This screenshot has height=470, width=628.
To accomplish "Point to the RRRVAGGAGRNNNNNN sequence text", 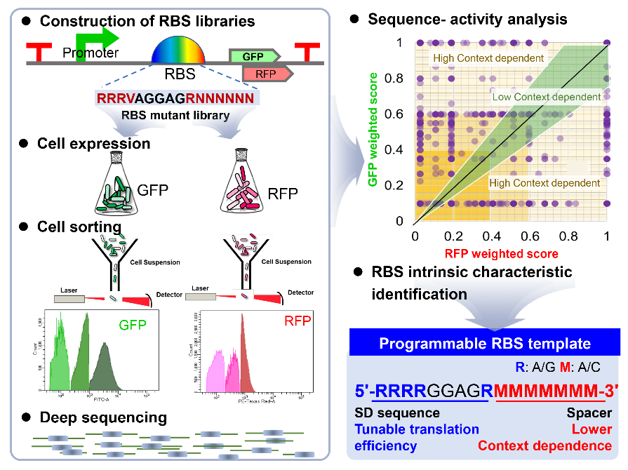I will [x=175, y=99].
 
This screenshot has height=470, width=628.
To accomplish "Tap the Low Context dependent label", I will [x=547, y=97].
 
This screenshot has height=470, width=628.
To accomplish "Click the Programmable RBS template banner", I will [x=485, y=344].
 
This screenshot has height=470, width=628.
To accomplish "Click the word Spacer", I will [x=589, y=414].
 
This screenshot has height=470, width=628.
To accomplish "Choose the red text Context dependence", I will [x=545, y=445].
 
